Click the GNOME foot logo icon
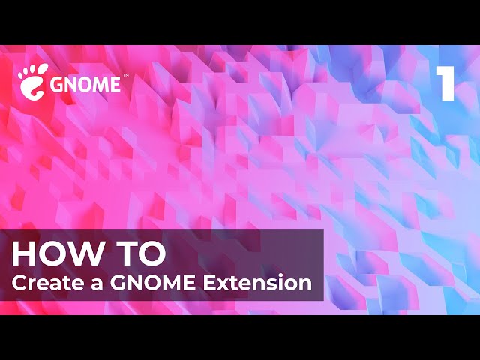pyautogui.click(x=33, y=82)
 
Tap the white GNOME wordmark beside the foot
pyautogui.click(x=85, y=84)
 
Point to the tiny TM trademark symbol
pyautogui.click(x=125, y=75)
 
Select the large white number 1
pyautogui.click(x=445, y=83)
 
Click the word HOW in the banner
pyautogui.click(x=57, y=254)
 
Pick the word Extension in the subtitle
pyautogui.click(x=257, y=283)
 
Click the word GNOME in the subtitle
pyautogui.click(x=152, y=283)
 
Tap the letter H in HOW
pyautogui.click(x=22, y=254)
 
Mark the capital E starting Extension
pyautogui.click(x=210, y=283)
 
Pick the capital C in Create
pyautogui.click(x=19, y=283)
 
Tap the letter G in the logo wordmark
pyautogui.click(x=57, y=84)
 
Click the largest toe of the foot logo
pyautogui.click(x=43, y=68)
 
